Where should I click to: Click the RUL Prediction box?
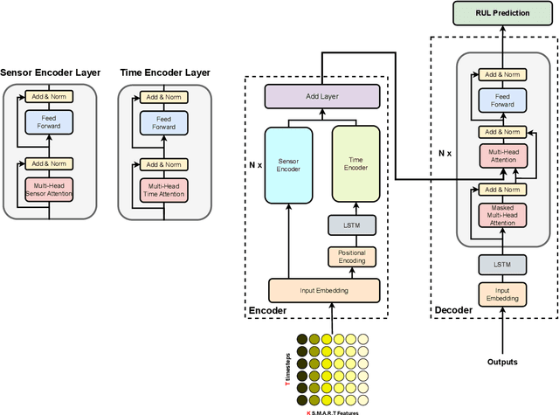pyautogui.click(x=502, y=13)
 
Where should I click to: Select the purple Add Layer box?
pyautogui.click(x=323, y=97)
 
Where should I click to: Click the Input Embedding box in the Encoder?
pyautogui.click(x=323, y=290)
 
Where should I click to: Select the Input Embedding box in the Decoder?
pyautogui.click(x=501, y=294)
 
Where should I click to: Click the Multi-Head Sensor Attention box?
pyautogui.click(x=50, y=189)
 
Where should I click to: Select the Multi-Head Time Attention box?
pyautogui.click(x=164, y=189)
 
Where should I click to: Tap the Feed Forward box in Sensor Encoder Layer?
pyautogui.click(x=50, y=122)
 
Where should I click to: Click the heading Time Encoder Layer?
pyautogui.click(x=164, y=73)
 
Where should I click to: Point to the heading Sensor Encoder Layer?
pyautogui.click(x=50, y=73)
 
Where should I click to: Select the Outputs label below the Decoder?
pyautogui.click(x=501, y=362)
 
